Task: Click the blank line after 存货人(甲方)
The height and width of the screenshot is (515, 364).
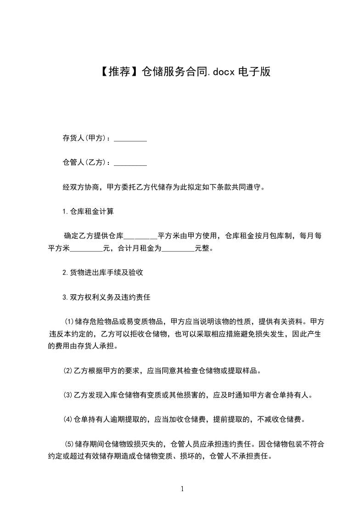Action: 130,139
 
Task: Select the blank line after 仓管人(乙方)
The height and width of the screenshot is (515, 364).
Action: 130,162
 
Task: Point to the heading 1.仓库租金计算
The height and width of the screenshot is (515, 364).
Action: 88,212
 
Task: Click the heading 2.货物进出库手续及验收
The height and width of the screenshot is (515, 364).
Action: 103,273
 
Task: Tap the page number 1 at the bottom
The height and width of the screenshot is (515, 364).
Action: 182,489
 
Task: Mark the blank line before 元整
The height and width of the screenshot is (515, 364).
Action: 179,249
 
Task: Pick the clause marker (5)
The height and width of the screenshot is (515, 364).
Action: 68,444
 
